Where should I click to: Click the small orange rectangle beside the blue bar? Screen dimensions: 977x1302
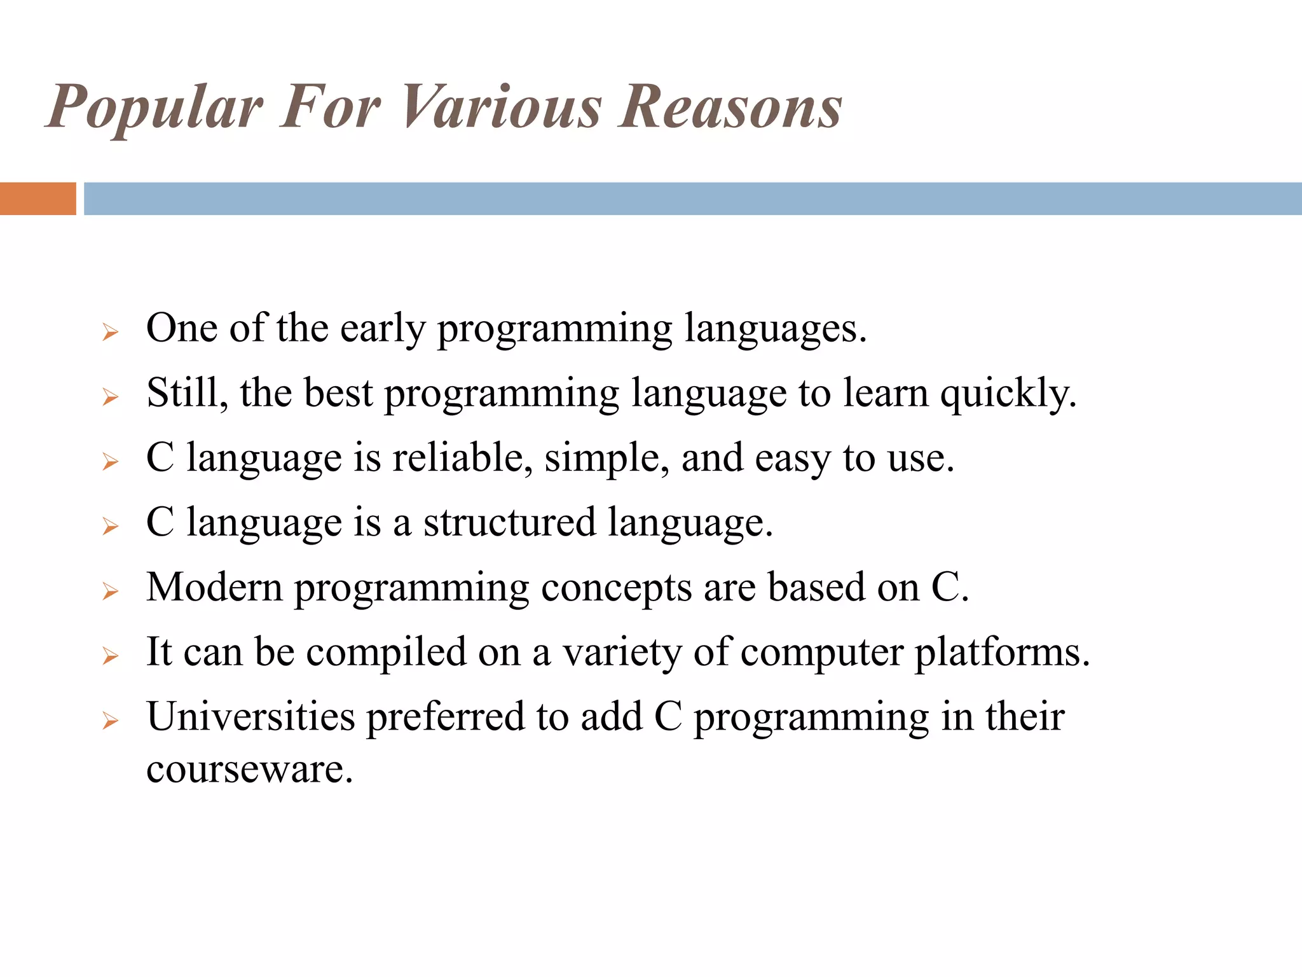38,198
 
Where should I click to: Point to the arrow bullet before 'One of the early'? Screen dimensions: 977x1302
111,331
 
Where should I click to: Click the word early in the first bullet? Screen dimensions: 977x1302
382,329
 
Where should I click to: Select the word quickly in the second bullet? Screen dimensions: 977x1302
1008,394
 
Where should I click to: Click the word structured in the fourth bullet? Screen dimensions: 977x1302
509,522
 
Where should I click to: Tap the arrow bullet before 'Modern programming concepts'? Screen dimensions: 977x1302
111,592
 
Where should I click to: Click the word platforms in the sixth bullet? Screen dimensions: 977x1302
1002,653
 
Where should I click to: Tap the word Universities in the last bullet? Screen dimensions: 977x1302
250,717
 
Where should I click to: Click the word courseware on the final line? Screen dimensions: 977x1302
249,769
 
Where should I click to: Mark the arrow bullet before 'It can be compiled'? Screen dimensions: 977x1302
111,656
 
